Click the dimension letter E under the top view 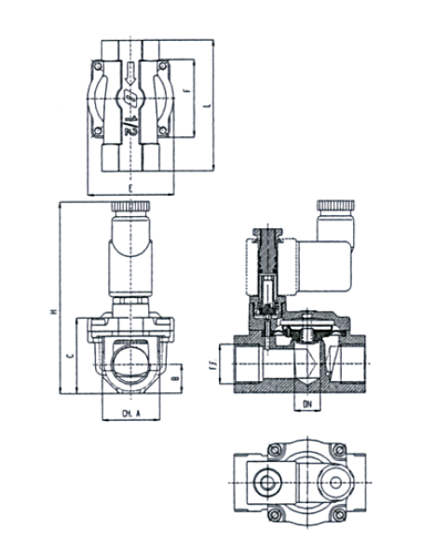tap(131, 187)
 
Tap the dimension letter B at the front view tap(175, 381)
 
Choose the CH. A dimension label tap(130, 411)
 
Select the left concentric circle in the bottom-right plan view tap(266, 483)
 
